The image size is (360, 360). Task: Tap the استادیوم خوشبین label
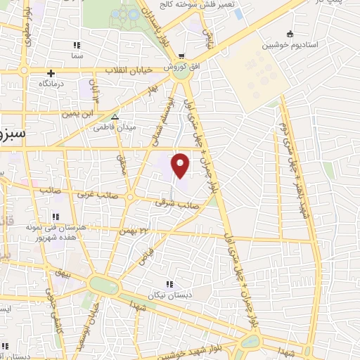290,46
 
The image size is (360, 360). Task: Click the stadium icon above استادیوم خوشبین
290,33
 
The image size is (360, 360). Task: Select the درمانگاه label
51,84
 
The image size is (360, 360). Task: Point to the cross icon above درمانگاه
51,72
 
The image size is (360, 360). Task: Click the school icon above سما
77,44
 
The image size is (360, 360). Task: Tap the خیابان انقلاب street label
134,70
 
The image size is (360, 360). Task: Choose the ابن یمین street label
77,112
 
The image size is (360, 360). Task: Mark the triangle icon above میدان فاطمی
115,117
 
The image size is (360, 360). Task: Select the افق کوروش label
181,68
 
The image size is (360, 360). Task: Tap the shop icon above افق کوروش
181,56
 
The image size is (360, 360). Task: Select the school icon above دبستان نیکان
169,284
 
